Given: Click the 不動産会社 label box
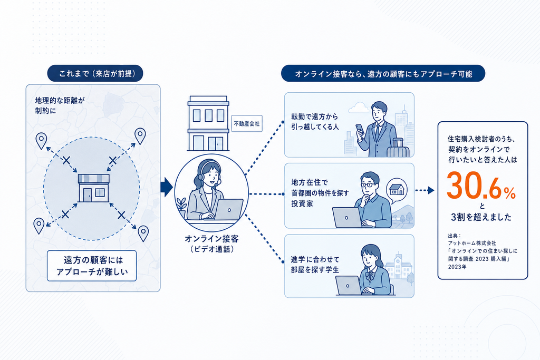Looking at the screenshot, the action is pos(247,123).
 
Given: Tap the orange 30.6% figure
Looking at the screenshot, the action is pos(481,186).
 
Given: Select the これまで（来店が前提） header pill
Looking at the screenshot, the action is pos(95,73).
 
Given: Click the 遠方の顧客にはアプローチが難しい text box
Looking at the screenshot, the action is pos(92,266).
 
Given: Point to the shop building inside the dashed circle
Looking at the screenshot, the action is pos(93,188).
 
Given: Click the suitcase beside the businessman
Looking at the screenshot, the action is pos(398,148).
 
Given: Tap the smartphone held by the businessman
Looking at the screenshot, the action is pos(360,129).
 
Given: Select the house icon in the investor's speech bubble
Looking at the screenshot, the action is pos(397,189).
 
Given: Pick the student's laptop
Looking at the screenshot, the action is pos(349,286).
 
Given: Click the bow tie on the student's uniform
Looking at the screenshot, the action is pos(370,276).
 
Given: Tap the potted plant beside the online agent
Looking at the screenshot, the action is pos(181,208).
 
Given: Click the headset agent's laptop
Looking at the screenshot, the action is pos(228,210).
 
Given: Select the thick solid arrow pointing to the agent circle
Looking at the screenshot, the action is pos(167,187).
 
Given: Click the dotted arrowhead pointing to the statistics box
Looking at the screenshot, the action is pos(431,190).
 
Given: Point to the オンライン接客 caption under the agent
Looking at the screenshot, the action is pos(212,239).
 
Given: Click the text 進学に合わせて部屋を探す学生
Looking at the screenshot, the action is pos(315,264).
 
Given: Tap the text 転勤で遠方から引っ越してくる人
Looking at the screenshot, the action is pos(315,121).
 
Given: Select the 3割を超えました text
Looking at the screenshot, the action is pos(481,217).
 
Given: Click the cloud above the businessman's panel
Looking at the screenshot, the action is pos(359,108).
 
